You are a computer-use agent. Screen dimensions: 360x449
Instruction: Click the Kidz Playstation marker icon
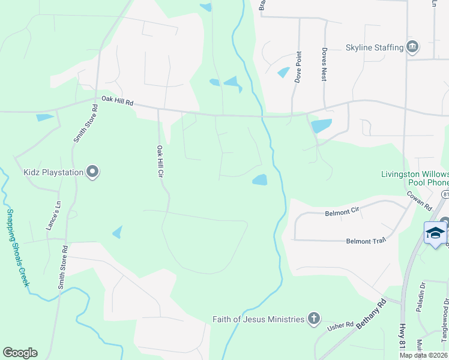92,173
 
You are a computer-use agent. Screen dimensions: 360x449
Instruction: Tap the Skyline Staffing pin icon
412,47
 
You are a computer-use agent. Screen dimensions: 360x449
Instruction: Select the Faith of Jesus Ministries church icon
313,319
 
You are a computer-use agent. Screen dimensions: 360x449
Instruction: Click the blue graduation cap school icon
435,233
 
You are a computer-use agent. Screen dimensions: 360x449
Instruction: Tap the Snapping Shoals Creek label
17,247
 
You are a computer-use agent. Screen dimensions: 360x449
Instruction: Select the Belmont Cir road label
342,212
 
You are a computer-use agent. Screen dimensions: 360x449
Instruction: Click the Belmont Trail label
365,241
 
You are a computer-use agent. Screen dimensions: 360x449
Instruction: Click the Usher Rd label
340,325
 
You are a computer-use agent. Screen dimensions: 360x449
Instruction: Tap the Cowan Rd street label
424,197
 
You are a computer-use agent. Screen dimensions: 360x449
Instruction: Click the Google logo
20,353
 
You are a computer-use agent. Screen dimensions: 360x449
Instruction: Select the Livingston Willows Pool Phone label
415,178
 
